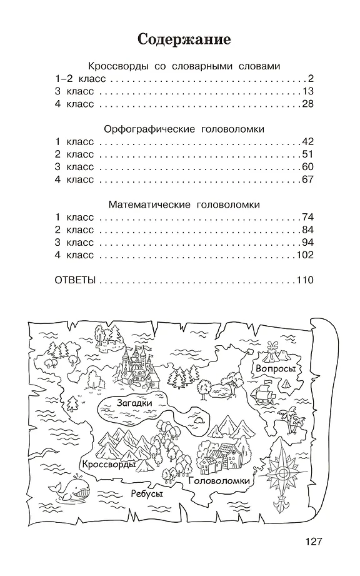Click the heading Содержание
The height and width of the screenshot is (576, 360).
pos(184,40)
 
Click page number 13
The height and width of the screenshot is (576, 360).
pos(307,91)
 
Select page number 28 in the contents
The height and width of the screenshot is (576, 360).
pos(307,104)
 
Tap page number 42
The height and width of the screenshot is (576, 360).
pos(307,142)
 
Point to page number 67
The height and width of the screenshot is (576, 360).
pos(307,179)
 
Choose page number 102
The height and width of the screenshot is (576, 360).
pos(304,255)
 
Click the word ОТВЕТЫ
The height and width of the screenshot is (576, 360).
pos(75,280)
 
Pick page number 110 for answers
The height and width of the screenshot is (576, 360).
pos(304,280)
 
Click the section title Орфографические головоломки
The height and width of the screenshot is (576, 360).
pos(184,129)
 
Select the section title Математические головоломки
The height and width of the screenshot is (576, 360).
pos(184,205)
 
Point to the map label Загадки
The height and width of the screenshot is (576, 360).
pos(134,404)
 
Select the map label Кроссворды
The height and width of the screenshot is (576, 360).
pos(107,464)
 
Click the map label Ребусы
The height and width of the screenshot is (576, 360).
pos(147,494)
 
